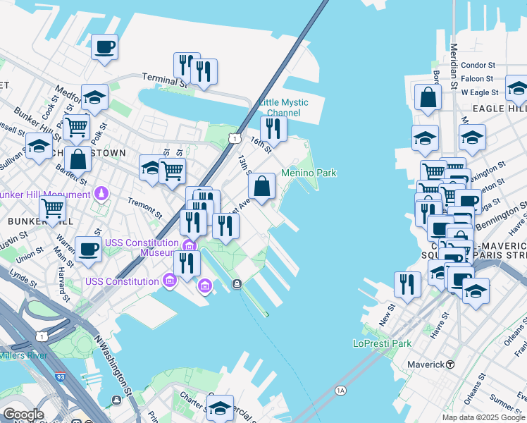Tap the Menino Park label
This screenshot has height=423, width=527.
(309, 173)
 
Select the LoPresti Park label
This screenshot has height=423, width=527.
(382, 344)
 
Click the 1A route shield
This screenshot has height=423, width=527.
(341, 390)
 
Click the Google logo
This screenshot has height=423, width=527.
(23, 415)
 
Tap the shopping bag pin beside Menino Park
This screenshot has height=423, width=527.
(261, 187)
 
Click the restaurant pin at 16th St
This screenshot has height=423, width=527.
(273, 129)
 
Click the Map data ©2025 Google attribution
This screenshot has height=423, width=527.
(483, 417)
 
